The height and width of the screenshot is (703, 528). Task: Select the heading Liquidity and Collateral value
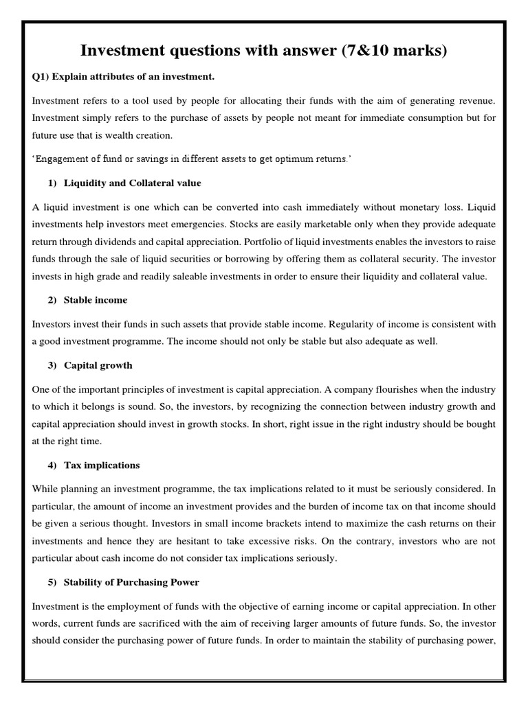[132, 183]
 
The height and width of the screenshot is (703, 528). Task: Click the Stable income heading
[96, 300]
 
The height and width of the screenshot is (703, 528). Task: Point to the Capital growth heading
[98, 365]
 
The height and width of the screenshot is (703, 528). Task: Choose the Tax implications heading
[102, 465]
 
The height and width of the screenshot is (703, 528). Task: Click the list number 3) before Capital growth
[52, 365]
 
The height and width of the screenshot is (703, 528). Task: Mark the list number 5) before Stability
[52, 583]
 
